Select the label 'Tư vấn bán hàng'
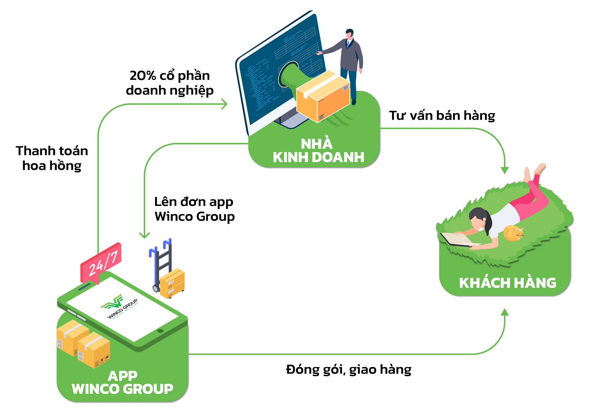442,116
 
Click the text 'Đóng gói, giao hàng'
349,370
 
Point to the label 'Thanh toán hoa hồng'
52,158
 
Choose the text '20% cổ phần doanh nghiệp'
170,83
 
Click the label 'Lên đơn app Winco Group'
194,209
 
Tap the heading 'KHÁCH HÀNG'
508,283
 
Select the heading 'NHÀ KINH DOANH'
318,151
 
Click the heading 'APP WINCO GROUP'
122,383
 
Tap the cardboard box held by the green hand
323,97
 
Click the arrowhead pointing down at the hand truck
144,235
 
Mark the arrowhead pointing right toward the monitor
224,104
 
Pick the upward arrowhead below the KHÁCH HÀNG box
505,312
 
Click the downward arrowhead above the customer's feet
505,170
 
